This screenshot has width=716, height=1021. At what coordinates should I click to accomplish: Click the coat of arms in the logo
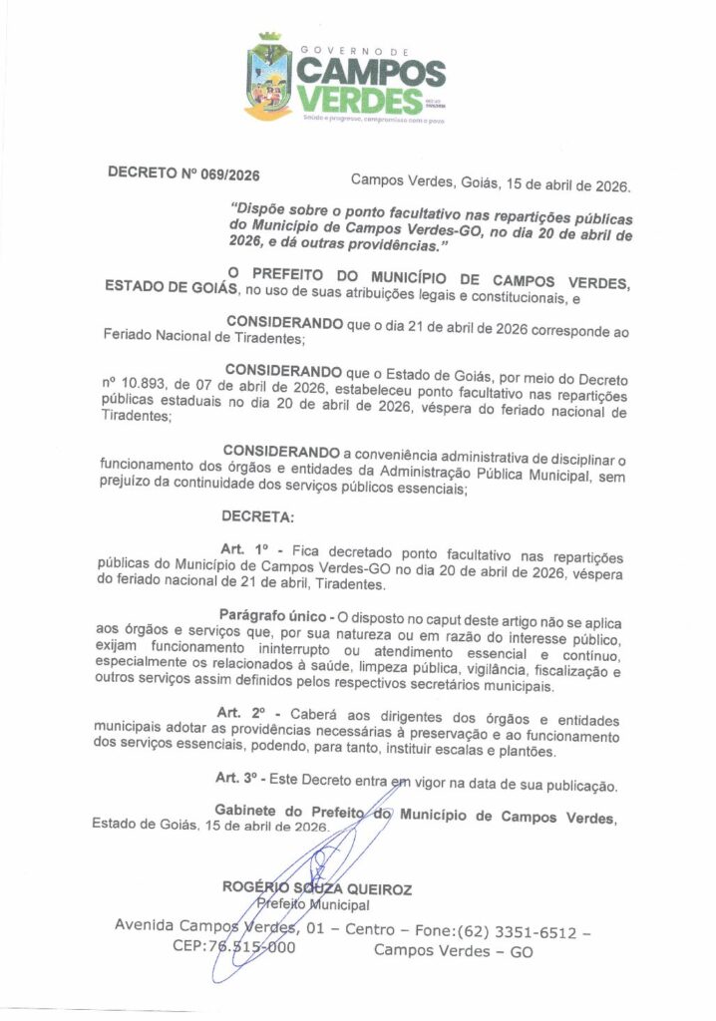tap(269, 78)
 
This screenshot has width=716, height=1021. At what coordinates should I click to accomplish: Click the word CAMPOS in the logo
tap(371, 71)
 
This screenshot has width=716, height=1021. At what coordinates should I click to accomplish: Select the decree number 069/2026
tap(229, 174)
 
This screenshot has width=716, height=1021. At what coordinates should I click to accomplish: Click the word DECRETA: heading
tap(257, 518)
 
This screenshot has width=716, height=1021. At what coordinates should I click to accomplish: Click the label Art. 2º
tap(243, 713)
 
